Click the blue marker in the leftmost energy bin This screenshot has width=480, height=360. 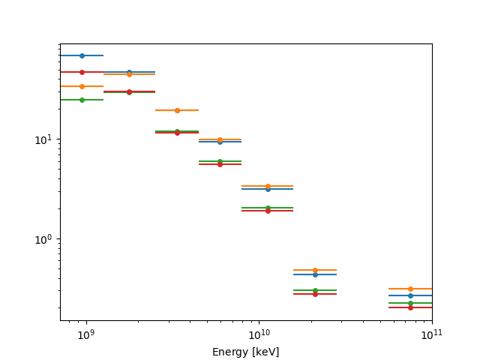point(82,55)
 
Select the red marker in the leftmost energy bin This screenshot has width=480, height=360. point(82,72)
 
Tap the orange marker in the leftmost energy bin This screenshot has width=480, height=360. point(82,86)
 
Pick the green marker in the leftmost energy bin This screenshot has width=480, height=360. point(82,100)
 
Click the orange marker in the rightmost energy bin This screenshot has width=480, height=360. point(410,289)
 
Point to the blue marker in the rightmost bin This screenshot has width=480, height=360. point(410,295)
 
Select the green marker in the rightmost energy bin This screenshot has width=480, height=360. point(410,303)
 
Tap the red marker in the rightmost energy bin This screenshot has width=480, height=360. point(410,307)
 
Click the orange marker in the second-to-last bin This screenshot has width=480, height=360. point(315,270)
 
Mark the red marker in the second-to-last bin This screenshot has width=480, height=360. point(315,294)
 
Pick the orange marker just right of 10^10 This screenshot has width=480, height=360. point(268,186)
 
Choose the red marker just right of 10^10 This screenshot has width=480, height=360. point(268,211)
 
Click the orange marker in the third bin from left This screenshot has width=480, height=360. point(177,110)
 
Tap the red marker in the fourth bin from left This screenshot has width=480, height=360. point(220,164)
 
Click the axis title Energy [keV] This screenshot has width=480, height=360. point(246,352)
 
